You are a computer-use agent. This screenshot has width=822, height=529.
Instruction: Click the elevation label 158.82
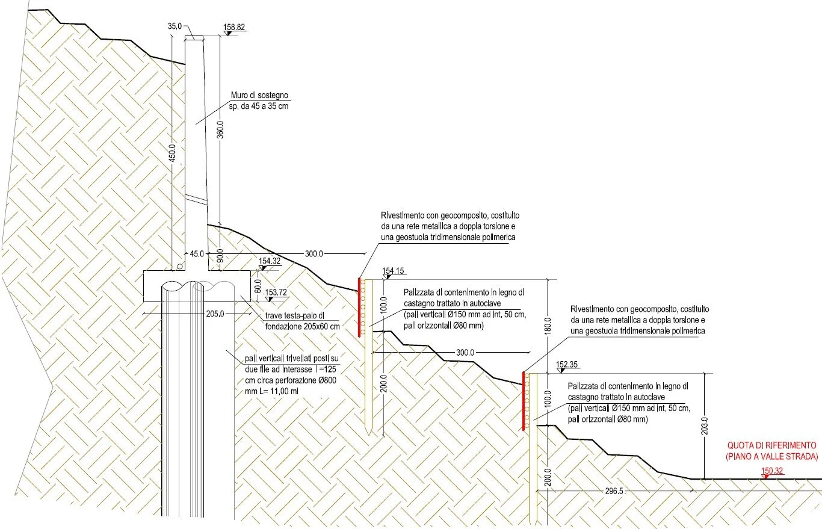pos(233,28)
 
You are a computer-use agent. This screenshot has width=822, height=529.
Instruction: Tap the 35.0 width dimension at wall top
pos(175,27)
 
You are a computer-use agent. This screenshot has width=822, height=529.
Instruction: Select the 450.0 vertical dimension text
pos(173,153)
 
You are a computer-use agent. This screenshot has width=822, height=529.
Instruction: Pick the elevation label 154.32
pos(270,262)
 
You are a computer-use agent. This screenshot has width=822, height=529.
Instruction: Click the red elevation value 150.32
pos(773,471)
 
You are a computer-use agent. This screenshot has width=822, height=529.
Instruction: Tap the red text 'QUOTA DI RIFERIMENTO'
pos(771,445)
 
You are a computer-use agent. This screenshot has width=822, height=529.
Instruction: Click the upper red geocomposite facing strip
pos(359,307)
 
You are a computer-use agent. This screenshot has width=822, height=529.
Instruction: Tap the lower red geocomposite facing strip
pos(525,401)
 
